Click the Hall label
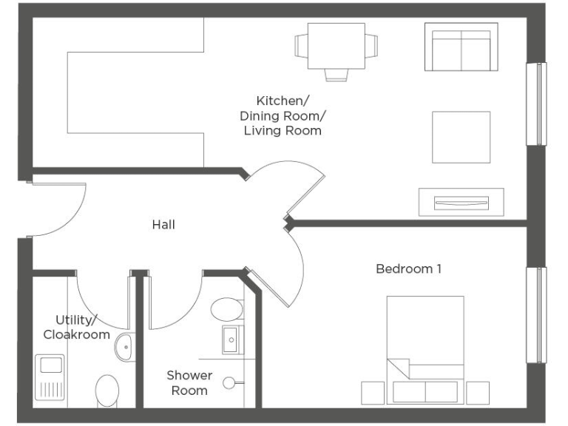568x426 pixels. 163,224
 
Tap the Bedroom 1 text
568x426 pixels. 408,268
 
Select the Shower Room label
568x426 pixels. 189,382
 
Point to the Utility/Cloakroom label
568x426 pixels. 76,327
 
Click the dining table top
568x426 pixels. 337,46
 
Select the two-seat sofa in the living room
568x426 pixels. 461,47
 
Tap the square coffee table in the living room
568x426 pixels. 461,137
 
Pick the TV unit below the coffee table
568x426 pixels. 461,202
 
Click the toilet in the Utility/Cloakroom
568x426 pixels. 108,390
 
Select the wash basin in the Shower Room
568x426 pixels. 231,339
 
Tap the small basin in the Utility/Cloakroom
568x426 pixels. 124,345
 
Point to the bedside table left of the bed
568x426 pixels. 373,393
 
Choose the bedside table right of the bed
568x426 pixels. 478,393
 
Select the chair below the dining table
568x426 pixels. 337,74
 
